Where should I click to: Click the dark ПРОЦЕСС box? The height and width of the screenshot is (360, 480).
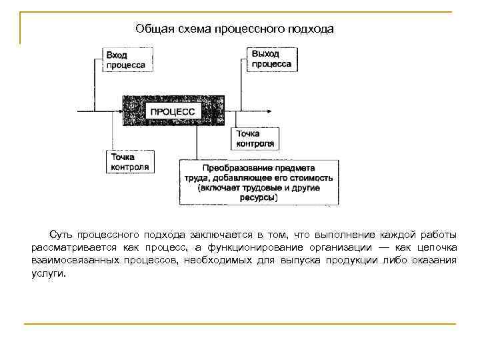pyautogui.click(x=173, y=111)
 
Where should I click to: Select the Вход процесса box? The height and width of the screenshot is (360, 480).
pyautogui.click(x=125, y=59)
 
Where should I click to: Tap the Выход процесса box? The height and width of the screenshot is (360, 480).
pyautogui.click(x=271, y=59)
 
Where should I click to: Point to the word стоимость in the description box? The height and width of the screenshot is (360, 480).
pyautogui.click(x=313, y=178)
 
